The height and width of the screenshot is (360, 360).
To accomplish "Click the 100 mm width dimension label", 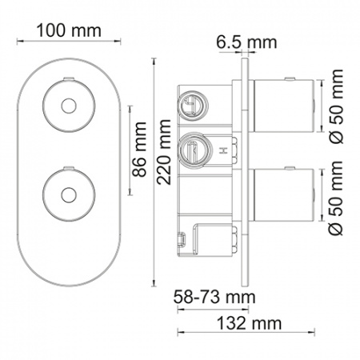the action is (69, 30).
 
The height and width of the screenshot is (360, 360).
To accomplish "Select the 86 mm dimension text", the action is (139, 150).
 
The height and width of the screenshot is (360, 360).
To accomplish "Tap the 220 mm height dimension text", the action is (163, 152).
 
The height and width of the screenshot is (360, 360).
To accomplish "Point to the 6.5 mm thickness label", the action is (246, 42).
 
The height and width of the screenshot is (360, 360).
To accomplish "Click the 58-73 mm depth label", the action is (214, 297).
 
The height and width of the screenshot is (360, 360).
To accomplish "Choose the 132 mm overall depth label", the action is (249, 323).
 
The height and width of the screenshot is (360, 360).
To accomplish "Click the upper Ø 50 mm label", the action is (335, 106).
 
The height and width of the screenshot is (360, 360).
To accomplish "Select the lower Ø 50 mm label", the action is (335, 198).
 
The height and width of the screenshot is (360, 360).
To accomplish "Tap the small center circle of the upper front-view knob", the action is (69, 106).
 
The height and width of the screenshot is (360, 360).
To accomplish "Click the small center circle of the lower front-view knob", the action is (69, 195).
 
